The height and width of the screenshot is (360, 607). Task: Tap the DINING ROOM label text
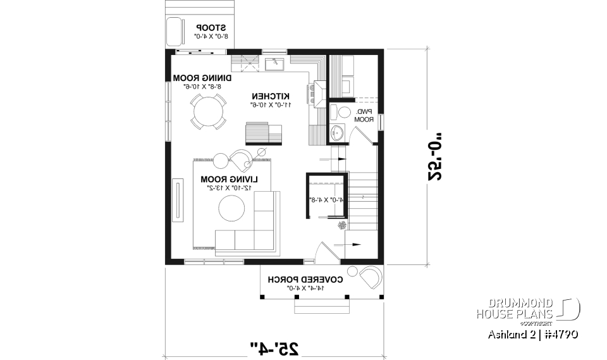pos(202,78)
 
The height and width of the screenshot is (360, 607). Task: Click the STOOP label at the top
pos(211,28)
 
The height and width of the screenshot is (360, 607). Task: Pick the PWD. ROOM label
pos(363,115)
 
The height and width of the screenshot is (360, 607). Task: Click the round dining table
pos(209,112)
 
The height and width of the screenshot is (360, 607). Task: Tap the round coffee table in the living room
pos(231,208)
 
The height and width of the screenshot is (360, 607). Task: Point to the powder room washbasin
pos(337,133)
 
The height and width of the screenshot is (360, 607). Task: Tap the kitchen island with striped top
pos(264,133)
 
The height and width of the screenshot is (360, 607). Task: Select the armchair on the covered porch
pos(370,279)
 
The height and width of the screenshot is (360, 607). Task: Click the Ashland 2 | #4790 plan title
pos(532,334)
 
